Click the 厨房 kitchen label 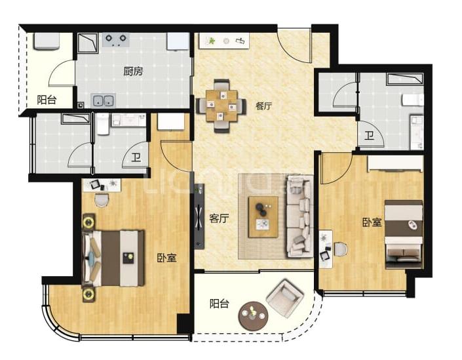coord(133,71)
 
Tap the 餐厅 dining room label coord(263,106)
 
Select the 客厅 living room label coord(219,218)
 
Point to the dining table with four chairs coord(221,106)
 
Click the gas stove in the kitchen coord(116,39)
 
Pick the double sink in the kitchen coord(103,100)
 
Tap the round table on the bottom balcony coord(254,316)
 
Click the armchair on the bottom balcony coord(284,298)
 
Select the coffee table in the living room coord(263,217)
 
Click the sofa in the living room coord(300,216)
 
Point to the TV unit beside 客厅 coord(199,216)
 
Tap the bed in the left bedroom coord(113,258)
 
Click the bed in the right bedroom coord(404,234)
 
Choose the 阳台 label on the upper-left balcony coord(47,100)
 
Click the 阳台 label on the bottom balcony coord(220,304)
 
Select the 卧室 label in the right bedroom coord(372,222)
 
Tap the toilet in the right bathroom coord(412,100)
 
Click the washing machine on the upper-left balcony coord(46,41)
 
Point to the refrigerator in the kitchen coord(178,41)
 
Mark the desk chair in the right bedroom coord(340,249)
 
